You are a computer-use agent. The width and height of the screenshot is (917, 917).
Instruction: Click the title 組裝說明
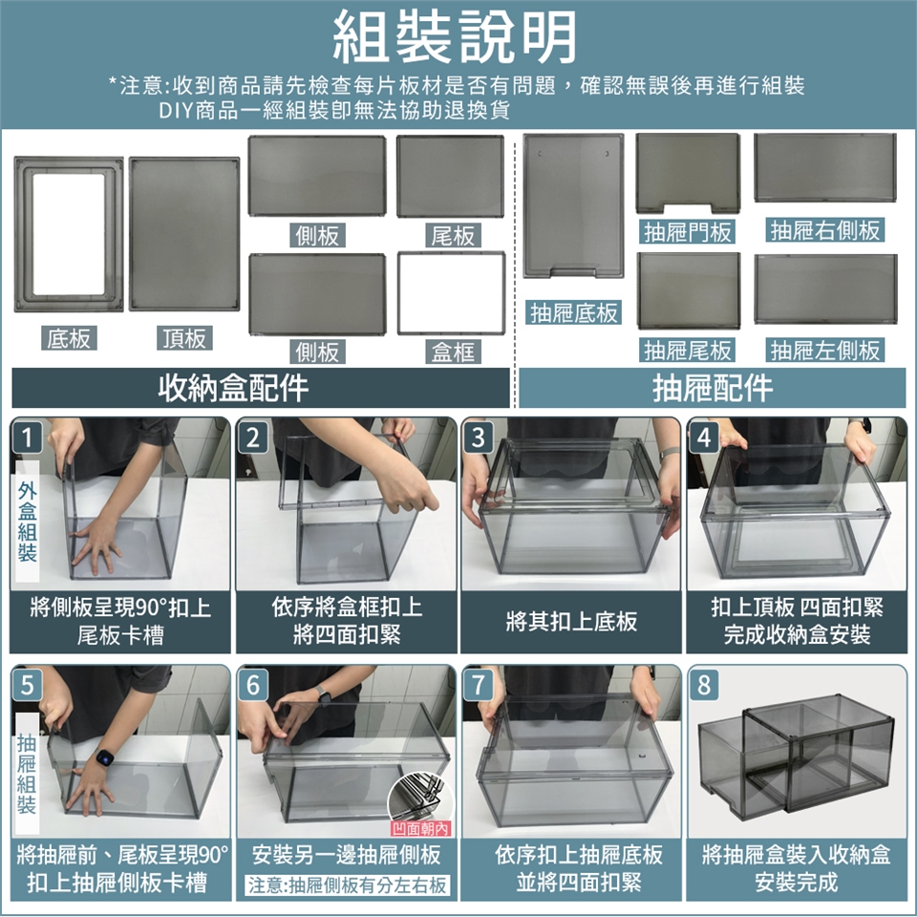tap(455, 37)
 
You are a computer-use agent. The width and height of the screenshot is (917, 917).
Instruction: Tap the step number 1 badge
tap(27, 437)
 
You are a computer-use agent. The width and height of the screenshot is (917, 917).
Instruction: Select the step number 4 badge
tap(704, 437)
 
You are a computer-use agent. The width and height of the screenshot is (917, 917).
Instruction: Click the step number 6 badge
tap(252, 684)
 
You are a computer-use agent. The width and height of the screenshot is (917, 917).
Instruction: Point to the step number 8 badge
tap(704, 684)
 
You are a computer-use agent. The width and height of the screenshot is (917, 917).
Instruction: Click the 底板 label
tap(69, 338)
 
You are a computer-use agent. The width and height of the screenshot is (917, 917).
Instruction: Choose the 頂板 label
tap(184, 338)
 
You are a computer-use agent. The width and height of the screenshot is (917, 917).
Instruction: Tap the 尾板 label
tap(453, 235)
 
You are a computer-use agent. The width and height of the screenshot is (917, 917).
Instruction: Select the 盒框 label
tap(453, 352)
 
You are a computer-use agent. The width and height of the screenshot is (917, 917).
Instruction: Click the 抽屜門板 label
tap(688, 232)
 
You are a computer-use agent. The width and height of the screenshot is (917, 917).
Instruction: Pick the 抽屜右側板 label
tap(825, 230)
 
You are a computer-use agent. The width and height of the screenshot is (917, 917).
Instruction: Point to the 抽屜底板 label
tap(574, 313)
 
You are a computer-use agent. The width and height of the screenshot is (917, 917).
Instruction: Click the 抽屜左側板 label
tap(825, 350)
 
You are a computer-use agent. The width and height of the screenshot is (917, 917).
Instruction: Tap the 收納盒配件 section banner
tap(261, 388)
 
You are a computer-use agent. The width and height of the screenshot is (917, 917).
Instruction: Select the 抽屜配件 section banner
tap(713, 388)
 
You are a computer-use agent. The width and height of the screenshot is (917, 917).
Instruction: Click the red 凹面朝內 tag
tap(420, 829)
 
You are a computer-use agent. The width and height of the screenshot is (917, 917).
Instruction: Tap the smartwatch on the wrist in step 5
tap(104, 757)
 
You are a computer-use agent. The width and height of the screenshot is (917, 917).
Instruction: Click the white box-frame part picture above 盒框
tap(451, 293)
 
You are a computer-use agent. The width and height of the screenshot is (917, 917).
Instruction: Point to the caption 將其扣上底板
tap(571, 621)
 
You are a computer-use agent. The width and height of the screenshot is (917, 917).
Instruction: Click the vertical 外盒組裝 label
tap(28, 521)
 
